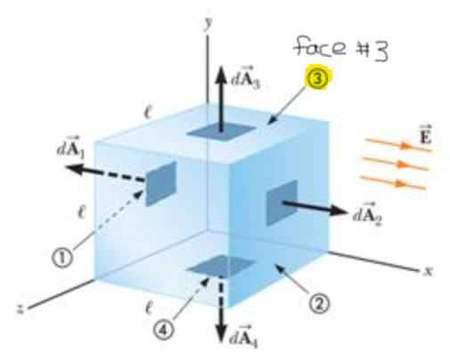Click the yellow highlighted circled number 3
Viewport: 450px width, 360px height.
pyautogui.click(x=317, y=78)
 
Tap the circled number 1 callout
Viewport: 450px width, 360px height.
pyautogui.click(x=62, y=258)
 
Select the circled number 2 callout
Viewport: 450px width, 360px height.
pyautogui.click(x=319, y=304)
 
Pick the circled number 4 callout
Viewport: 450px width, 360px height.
pyautogui.click(x=164, y=330)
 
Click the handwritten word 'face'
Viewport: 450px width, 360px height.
pyautogui.click(x=320, y=46)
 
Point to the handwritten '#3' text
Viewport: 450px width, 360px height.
pyautogui.click(x=372, y=51)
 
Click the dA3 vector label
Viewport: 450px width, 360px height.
pyautogui.click(x=246, y=78)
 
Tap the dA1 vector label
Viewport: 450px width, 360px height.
pyautogui.click(x=70, y=147)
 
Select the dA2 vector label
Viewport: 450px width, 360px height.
pyautogui.click(x=367, y=213)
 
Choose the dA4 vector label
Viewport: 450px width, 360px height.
pyautogui.click(x=245, y=337)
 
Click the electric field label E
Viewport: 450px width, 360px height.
pyautogui.click(x=426, y=135)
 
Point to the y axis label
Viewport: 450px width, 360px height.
pyautogui.click(x=209, y=23)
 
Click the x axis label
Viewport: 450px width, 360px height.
pyautogui.click(x=428, y=271)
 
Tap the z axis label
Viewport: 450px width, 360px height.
pyautogui.click(x=20, y=308)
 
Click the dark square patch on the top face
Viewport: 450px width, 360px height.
pyautogui.click(x=221, y=132)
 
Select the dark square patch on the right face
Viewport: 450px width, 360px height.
pyautogui.click(x=282, y=202)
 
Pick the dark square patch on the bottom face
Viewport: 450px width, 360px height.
pyautogui.click(x=220, y=266)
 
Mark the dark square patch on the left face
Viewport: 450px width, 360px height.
pyautogui.click(x=161, y=184)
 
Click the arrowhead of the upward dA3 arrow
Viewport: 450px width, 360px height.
pyautogui.click(x=220, y=74)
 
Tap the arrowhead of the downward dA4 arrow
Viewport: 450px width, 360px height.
pyautogui.click(x=221, y=334)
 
